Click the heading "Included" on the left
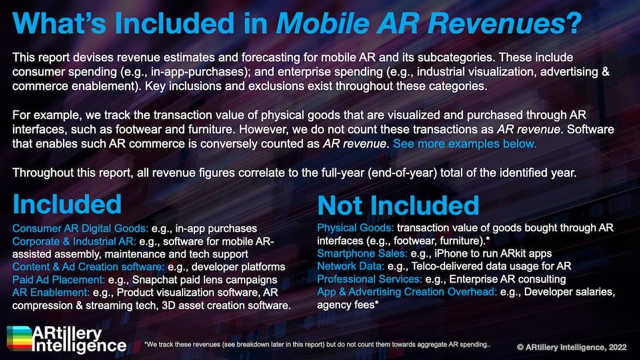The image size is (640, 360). [67, 204]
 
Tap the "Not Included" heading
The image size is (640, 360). [398, 205]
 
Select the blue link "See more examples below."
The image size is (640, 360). [464, 144]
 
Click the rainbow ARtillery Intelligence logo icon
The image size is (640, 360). [19, 338]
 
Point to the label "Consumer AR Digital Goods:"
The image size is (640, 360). [80, 228]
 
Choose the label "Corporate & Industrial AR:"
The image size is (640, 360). [74, 241]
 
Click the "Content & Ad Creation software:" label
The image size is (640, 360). [88, 267]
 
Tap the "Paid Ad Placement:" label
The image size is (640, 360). [58, 280]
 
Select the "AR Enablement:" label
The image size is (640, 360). [51, 292]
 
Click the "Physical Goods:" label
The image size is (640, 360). [355, 228]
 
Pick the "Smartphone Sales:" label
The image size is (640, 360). [362, 253]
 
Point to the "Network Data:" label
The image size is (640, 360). [351, 266]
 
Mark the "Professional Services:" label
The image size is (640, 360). [369, 279]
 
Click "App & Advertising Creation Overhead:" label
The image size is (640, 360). [407, 292]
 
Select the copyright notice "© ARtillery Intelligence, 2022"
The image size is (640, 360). [572, 347]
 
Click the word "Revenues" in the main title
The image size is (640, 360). [496, 23]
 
